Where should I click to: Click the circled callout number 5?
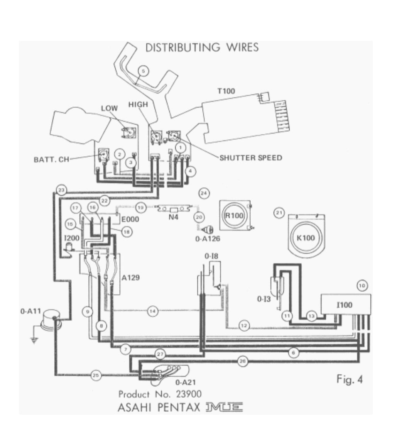[143, 71]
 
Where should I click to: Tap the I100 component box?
[345, 305]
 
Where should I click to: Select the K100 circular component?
[306, 238]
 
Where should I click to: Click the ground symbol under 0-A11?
[34, 339]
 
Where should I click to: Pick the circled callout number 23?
[62, 190]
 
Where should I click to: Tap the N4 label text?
[173, 218]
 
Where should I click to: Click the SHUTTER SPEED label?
[251, 158]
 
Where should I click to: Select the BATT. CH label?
[51, 159]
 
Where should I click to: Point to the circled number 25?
[96, 376]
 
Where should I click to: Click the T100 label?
[226, 91]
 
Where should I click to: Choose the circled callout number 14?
[152, 311]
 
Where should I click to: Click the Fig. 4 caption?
[349, 379]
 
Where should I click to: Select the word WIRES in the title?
[242, 47]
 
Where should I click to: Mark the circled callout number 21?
[279, 213]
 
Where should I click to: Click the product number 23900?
[189, 394]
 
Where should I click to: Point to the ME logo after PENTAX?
[224, 407]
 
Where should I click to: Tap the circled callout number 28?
[243, 361]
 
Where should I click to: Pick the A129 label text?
[130, 277]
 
